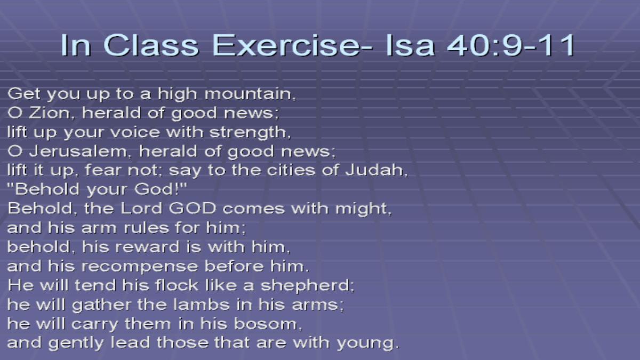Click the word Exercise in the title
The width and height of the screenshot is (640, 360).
tap(292, 45)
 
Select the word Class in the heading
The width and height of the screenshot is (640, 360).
tap(150, 45)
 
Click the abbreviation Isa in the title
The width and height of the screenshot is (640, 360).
tap(410, 45)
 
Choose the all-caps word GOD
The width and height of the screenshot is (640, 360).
tap(193, 209)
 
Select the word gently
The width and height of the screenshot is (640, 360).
tap(76, 343)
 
